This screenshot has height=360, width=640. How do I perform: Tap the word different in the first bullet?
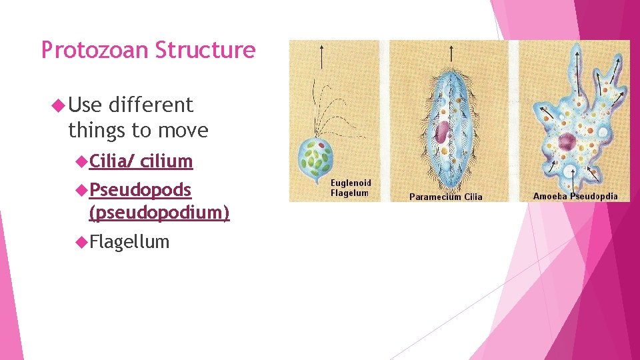click(x=150, y=105)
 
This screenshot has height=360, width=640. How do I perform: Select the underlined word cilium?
click(x=166, y=161)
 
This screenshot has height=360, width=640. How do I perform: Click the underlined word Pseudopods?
click(x=140, y=190)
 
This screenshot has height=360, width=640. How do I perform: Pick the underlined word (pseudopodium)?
click(x=159, y=213)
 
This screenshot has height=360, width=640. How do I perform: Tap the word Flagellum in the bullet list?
click(x=129, y=241)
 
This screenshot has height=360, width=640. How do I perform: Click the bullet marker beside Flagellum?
click(x=81, y=241)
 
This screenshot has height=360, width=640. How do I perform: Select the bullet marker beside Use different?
click(x=58, y=105)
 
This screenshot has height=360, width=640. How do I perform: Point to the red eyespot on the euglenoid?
click(x=321, y=144)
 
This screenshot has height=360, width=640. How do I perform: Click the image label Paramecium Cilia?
click(x=445, y=197)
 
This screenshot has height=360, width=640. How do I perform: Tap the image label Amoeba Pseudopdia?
click(x=575, y=196)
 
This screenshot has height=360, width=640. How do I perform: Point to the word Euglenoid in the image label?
click(x=351, y=183)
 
